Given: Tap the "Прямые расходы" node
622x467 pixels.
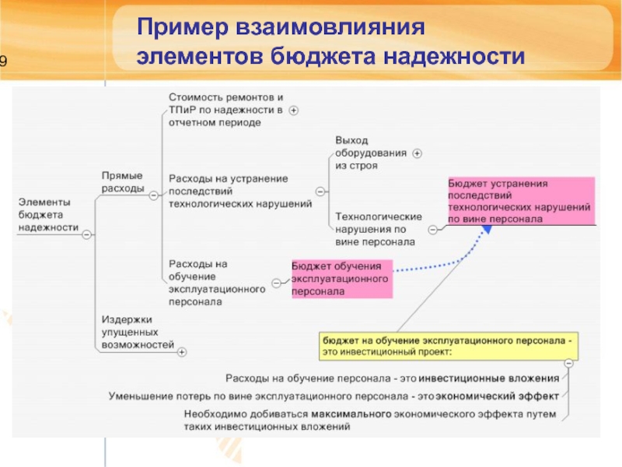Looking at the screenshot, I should click(123, 182).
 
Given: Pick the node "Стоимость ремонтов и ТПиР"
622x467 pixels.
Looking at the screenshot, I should click(225, 110).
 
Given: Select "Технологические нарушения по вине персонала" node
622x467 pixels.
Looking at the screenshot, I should click(378, 229).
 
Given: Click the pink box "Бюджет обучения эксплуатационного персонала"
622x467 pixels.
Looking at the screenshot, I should click(341, 279).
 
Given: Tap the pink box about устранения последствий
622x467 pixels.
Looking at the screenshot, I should click(519, 201).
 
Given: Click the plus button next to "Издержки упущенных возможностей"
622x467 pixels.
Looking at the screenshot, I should click(182, 353).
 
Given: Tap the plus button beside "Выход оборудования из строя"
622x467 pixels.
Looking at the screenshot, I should click(417, 153).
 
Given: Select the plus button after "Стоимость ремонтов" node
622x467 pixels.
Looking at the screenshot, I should click(294, 111).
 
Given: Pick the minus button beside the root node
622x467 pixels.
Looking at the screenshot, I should click(86, 233).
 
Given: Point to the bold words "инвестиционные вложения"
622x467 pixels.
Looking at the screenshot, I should click(489, 378).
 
